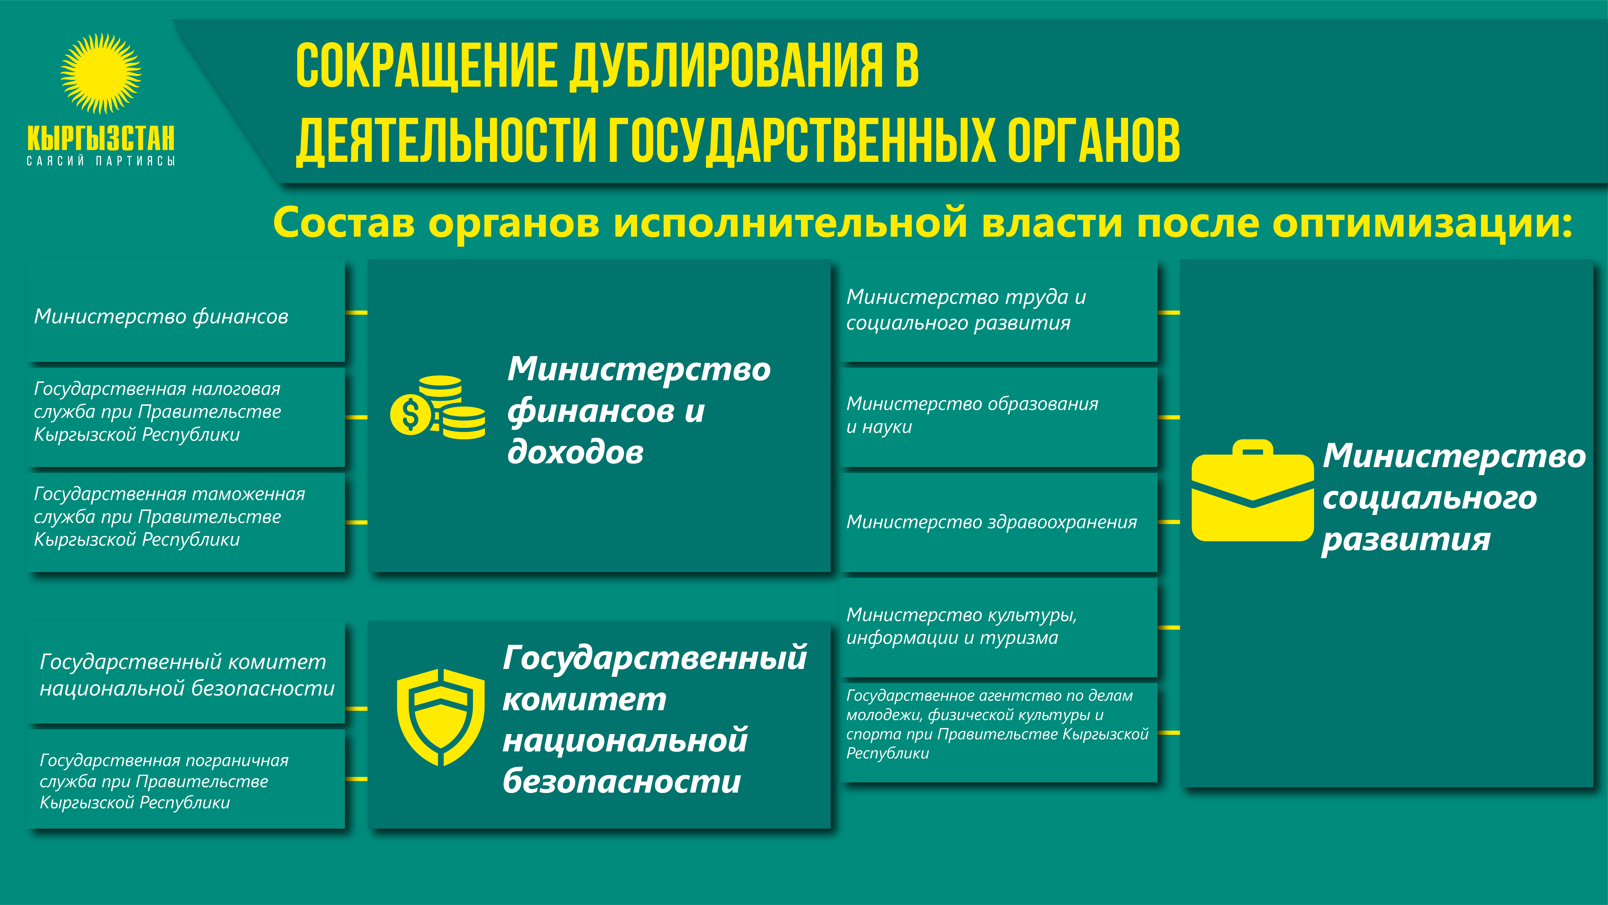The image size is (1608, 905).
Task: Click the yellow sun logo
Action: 100,74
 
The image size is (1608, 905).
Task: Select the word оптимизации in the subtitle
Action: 1421,223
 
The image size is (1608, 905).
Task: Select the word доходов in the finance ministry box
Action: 575,452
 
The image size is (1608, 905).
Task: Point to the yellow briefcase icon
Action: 1252,491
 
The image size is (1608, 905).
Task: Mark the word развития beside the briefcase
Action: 1406,540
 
